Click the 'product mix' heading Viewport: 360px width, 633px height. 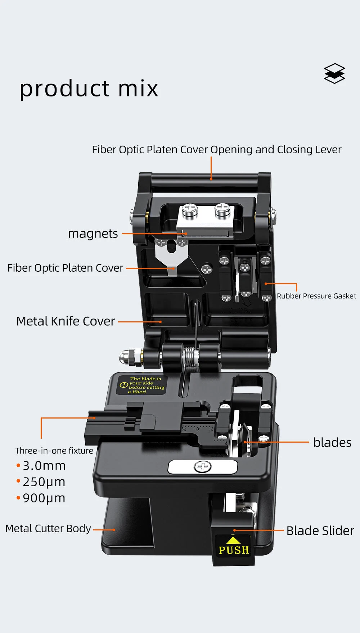(x=89, y=89)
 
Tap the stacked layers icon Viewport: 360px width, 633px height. (x=334, y=73)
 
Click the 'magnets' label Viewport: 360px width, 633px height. (x=93, y=234)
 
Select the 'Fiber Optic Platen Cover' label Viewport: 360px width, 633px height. (x=65, y=268)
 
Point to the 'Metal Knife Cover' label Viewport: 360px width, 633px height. (x=66, y=321)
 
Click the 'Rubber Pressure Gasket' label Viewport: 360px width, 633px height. (x=316, y=296)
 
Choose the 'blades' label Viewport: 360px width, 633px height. (x=332, y=443)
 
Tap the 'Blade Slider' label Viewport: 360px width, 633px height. (x=320, y=531)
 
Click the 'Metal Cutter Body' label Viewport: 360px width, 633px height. (x=48, y=529)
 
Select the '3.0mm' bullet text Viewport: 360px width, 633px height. (x=44, y=466)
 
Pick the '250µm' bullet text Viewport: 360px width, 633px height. (x=44, y=482)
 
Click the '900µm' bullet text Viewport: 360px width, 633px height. (x=44, y=498)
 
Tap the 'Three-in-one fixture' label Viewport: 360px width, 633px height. (x=54, y=451)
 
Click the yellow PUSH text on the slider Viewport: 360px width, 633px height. (x=234, y=550)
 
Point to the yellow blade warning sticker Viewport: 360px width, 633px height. (x=142, y=385)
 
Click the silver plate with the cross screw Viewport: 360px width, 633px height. (x=203, y=467)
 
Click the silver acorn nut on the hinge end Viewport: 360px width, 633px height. (x=127, y=357)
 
